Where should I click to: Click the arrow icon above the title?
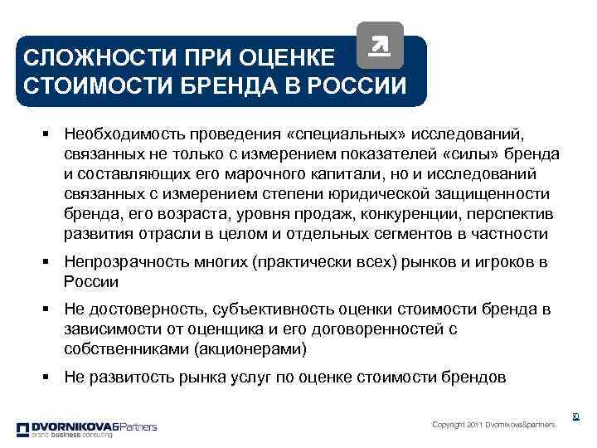[x=380, y=46]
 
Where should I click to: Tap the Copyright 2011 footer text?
[x=493, y=425]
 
